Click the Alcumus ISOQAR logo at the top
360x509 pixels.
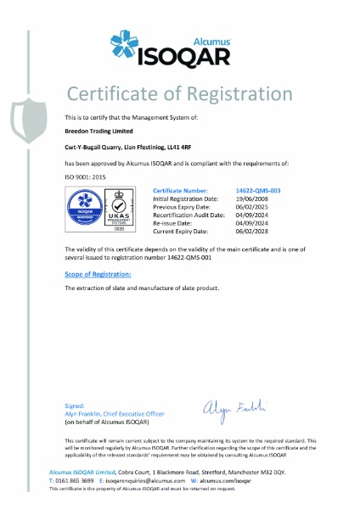(x=179, y=43)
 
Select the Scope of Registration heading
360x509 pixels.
(x=98, y=275)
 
